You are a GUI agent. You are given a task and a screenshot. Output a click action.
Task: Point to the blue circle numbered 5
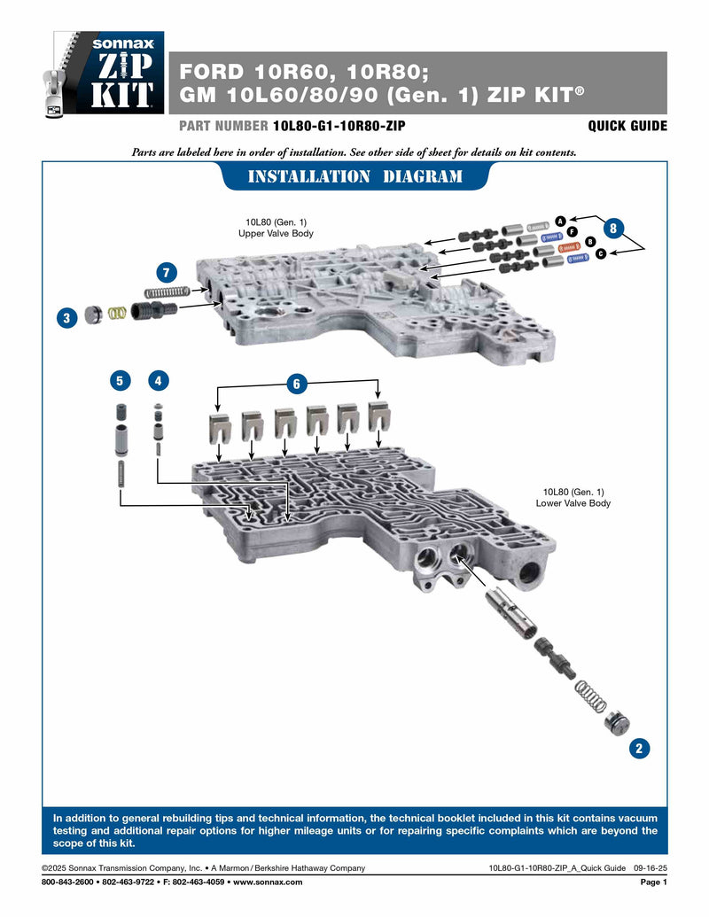[x=119, y=380]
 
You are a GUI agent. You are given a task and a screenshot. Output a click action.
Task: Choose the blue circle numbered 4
[x=158, y=380]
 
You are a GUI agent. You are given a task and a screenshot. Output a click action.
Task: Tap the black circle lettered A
[x=560, y=220]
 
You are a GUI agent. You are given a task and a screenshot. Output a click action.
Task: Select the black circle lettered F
[x=573, y=231]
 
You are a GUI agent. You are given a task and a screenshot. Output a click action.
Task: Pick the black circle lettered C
[x=600, y=254]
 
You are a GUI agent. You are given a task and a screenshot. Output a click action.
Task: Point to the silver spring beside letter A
[x=539, y=228]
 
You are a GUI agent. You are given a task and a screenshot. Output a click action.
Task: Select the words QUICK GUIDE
[x=627, y=126]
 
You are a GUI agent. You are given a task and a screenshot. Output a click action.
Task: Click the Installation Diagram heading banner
[x=354, y=176]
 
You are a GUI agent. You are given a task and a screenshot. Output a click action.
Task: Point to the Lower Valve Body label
[x=573, y=497]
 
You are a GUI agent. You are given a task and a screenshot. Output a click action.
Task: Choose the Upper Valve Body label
[x=276, y=227]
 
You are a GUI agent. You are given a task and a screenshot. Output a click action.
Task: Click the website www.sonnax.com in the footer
[x=267, y=882]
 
